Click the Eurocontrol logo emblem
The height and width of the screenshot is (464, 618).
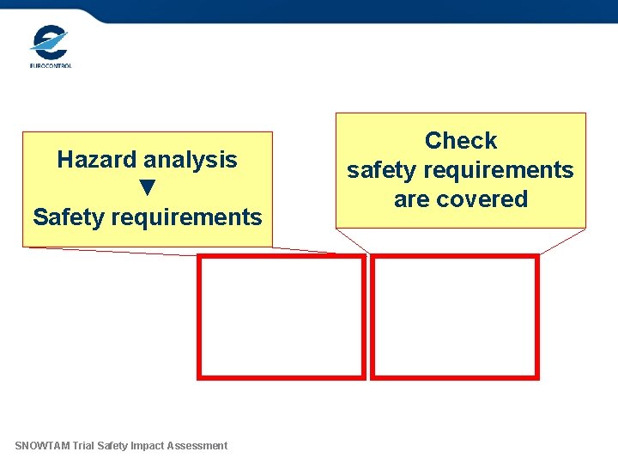(49, 42)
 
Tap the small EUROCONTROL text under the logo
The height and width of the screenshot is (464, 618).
(51, 65)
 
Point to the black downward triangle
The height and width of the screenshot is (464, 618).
(148, 187)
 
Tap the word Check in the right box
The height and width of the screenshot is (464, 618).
(461, 141)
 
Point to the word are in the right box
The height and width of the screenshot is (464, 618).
(412, 199)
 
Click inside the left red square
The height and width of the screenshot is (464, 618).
(282, 316)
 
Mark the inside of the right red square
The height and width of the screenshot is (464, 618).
(455, 316)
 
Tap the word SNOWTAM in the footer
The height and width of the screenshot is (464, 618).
(42, 445)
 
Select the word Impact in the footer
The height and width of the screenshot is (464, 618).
(149, 445)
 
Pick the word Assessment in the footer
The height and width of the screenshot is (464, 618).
(199, 445)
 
